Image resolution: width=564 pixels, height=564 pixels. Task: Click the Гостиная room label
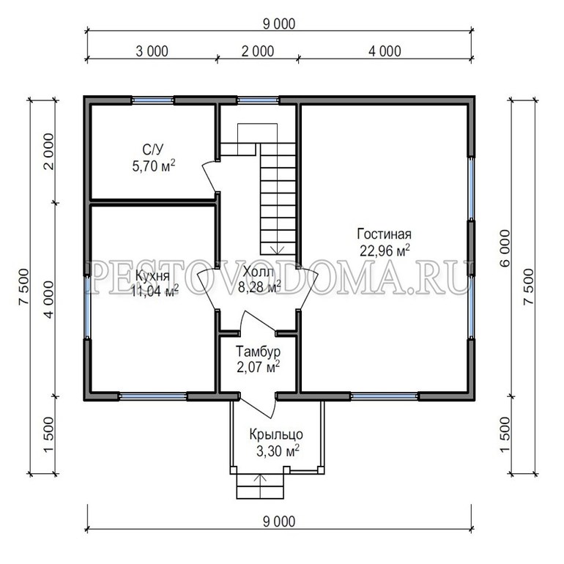(384, 234)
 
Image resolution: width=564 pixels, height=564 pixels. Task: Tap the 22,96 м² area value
(385, 251)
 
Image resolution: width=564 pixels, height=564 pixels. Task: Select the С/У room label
(154, 149)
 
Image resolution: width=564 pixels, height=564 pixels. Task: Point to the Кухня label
(152, 276)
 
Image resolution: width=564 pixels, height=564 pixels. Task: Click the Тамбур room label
(259, 351)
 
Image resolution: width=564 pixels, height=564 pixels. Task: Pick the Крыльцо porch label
(276, 435)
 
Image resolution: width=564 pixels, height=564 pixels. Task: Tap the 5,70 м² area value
(154, 166)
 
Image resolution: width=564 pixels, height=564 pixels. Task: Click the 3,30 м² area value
(278, 451)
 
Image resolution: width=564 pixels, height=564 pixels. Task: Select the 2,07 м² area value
(259, 368)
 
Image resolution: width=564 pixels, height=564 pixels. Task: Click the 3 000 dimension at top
(152, 51)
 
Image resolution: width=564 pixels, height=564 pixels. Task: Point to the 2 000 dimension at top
(258, 51)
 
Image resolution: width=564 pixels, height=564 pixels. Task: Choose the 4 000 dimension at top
(385, 51)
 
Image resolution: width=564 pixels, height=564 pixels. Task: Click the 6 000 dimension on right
(505, 248)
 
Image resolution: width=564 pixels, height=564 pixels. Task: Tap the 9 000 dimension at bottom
(279, 522)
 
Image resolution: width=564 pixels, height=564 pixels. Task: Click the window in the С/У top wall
(152, 100)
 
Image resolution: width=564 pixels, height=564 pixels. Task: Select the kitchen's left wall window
(87, 307)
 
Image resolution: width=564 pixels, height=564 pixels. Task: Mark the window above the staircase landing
(258, 100)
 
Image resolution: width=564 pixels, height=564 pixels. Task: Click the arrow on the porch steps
(260, 486)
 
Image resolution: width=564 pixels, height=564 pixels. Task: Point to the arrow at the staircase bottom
(278, 251)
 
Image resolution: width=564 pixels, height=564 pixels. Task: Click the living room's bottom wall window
(384, 396)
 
